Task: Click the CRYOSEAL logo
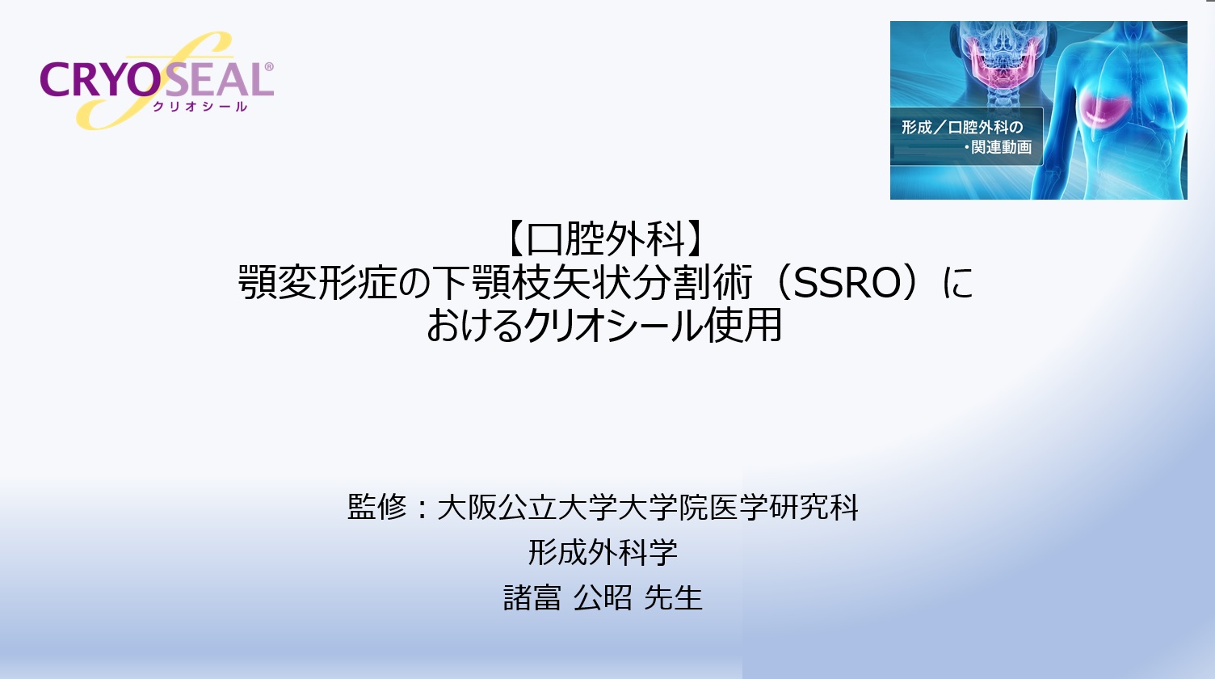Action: click(157, 80)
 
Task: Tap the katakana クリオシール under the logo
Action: click(200, 107)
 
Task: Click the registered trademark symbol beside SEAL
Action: click(268, 67)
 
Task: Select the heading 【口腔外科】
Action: click(606, 238)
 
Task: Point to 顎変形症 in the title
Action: click(317, 283)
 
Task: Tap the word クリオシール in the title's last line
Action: click(613, 326)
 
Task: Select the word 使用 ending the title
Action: click(742, 326)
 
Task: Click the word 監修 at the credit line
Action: click(377, 508)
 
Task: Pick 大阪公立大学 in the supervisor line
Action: click(526, 508)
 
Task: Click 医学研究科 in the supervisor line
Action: click(784, 508)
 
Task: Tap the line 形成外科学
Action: click(603, 553)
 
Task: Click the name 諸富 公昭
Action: click(568, 597)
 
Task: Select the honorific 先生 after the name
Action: click(674, 597)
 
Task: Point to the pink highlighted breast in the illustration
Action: click(1110, 106)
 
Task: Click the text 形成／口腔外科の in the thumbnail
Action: click(962, 128)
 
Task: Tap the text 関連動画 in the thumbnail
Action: click(1001, 147)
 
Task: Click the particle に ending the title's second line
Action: click(958, 283)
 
